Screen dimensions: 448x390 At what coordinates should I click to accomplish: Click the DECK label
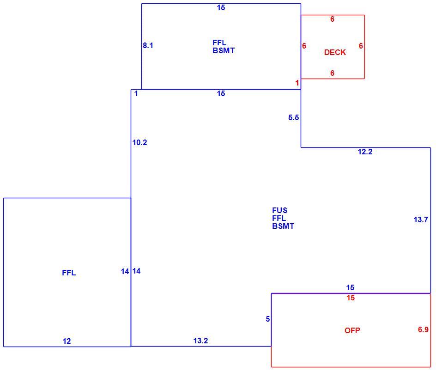coord(335,52)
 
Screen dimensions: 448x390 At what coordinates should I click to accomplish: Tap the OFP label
coord(352,330)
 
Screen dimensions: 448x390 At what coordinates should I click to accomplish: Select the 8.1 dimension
coord(148,45)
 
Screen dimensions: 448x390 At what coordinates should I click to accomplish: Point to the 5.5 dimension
coord(293,117)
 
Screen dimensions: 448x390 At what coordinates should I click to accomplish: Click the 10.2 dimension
coord(140,142)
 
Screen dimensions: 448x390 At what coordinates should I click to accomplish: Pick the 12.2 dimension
coord(365,152)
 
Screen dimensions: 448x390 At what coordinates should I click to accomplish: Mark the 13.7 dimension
coord(421,219)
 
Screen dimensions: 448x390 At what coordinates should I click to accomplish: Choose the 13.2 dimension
coord(200,341)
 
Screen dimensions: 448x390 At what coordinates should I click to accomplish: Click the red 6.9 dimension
coord(423,329)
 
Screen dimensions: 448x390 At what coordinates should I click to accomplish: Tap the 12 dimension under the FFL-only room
coord(67,341)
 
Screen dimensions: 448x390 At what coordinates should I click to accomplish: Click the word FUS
coord(280,210)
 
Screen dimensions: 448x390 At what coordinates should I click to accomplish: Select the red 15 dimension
coord(351,298)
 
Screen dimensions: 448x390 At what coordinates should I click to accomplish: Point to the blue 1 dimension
coord(136,93)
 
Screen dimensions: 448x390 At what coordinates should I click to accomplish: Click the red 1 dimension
coord(297,83)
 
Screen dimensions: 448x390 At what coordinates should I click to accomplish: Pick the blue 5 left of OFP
coord(268,319)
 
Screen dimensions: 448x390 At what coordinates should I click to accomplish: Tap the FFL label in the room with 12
coord(69,273)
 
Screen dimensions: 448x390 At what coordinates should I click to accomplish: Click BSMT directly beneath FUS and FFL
coord(283,226)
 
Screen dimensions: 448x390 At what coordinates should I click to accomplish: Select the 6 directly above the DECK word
coord(332,19)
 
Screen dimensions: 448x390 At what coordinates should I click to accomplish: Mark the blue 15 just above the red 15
coord(350,287)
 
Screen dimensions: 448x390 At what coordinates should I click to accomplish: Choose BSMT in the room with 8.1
coord(224,51)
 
